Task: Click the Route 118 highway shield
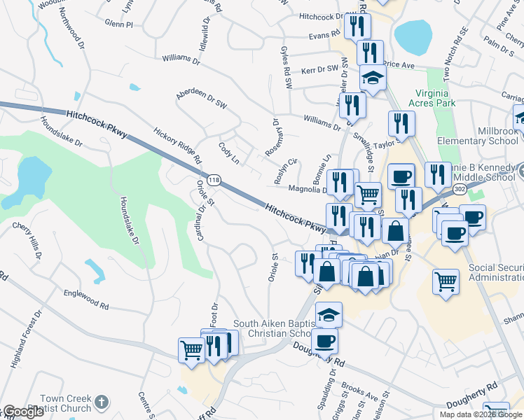(x=214, y=181)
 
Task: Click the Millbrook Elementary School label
(x=484, y=136)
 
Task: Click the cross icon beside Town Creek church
(x=101, y=402)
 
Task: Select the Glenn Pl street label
(x=118, y=24)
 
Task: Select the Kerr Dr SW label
(x=319, y=70)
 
